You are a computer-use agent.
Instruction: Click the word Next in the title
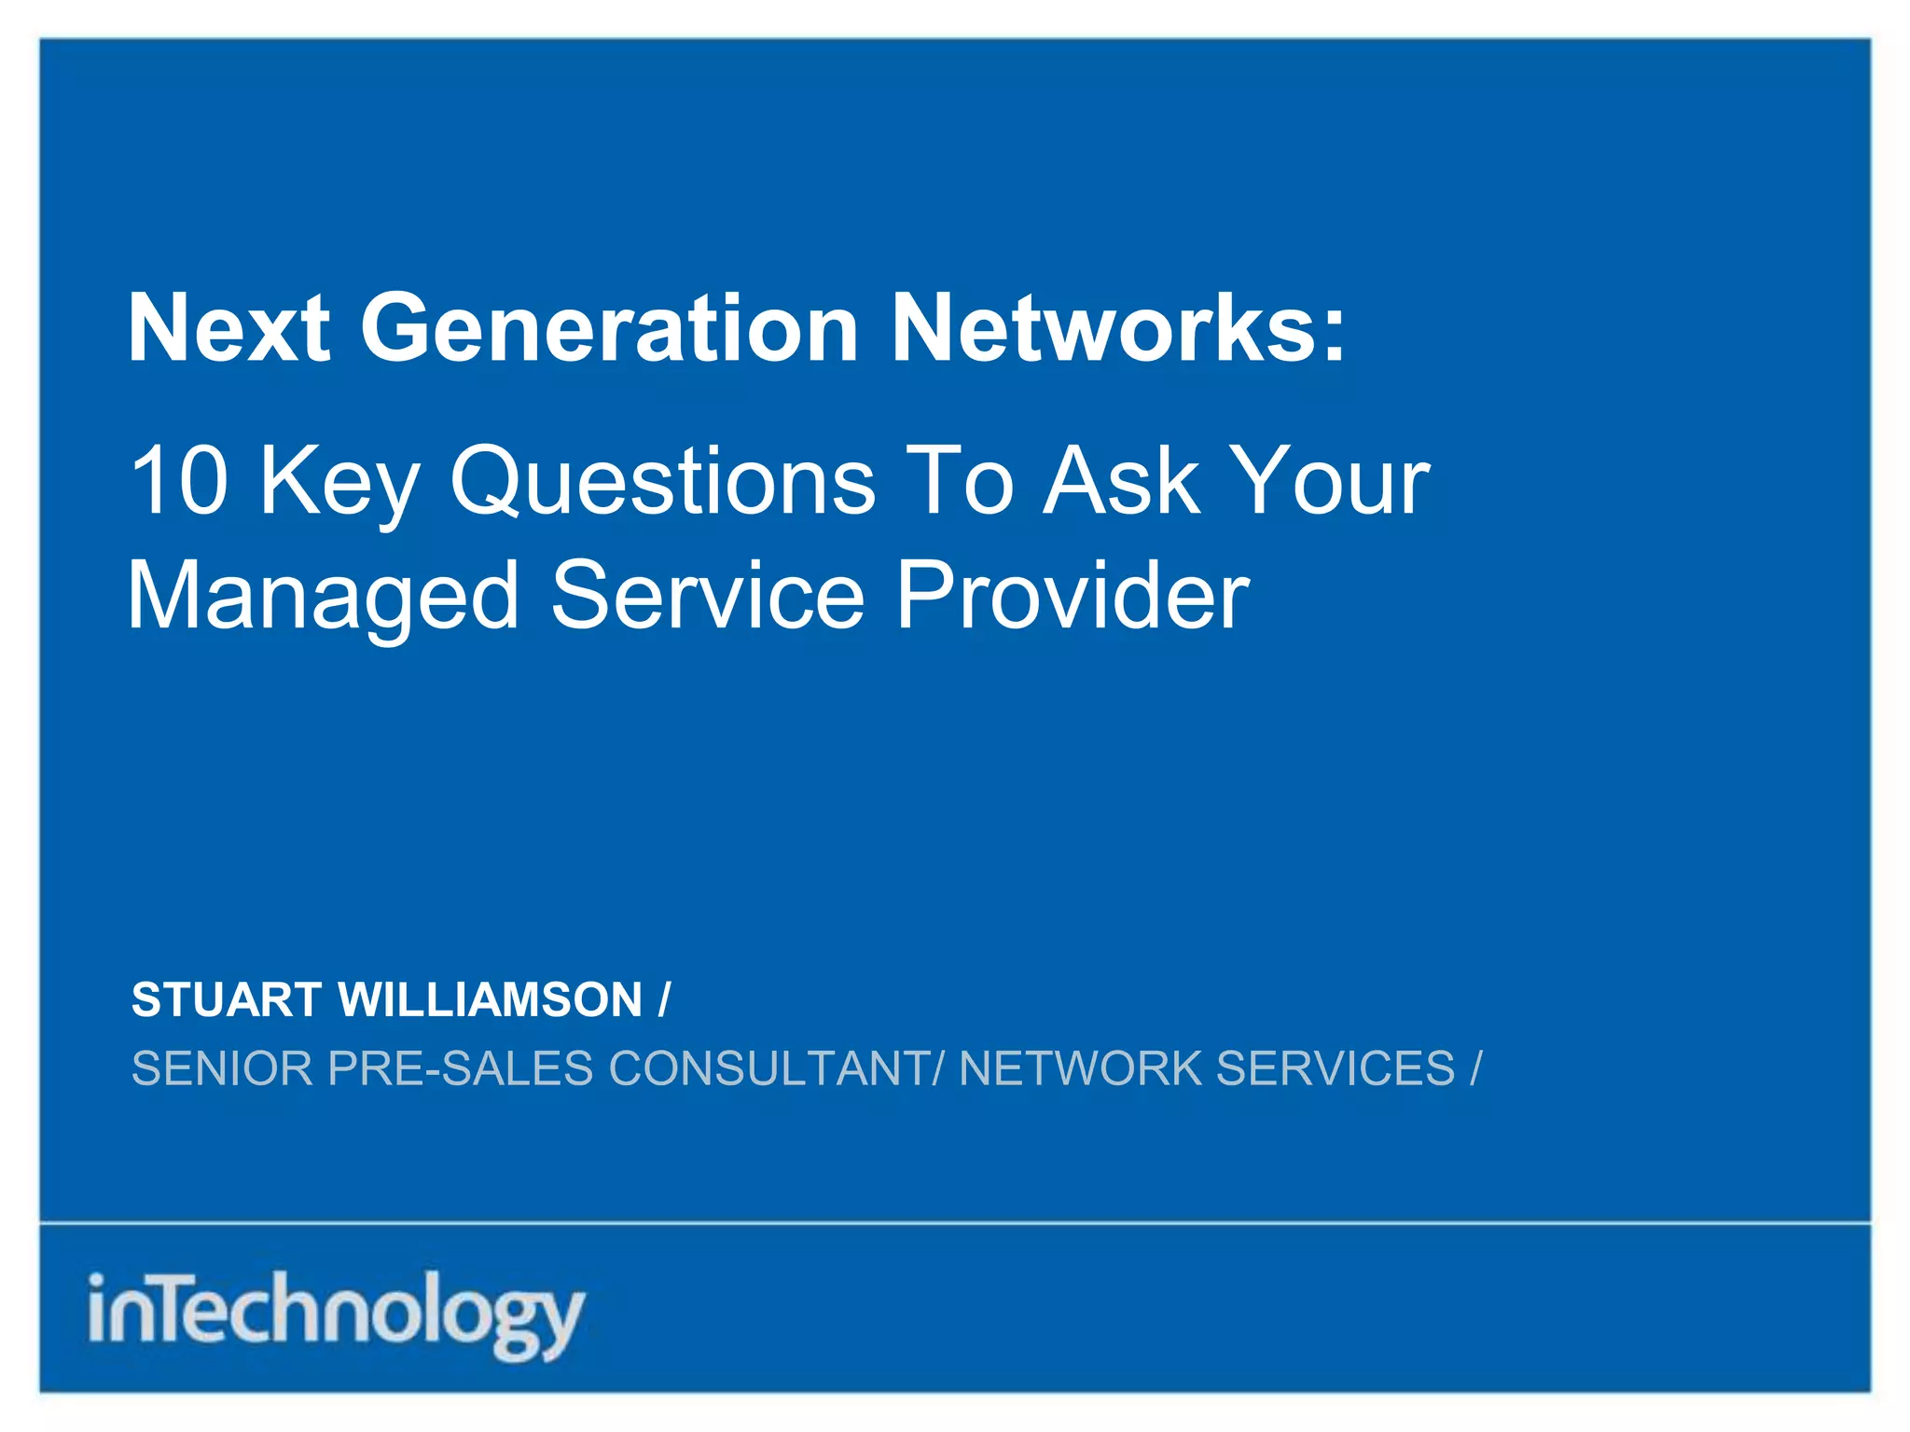pos(228,328)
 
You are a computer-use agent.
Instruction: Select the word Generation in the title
pos(609,328)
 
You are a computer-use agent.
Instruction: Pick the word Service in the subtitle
pos(708,597)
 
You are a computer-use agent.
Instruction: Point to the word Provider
pos(1073,597)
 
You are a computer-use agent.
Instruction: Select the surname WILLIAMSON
pos(491,1000)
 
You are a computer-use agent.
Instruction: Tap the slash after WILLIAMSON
pos(663,1000)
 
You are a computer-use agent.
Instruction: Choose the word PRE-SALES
pos(461,1068)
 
